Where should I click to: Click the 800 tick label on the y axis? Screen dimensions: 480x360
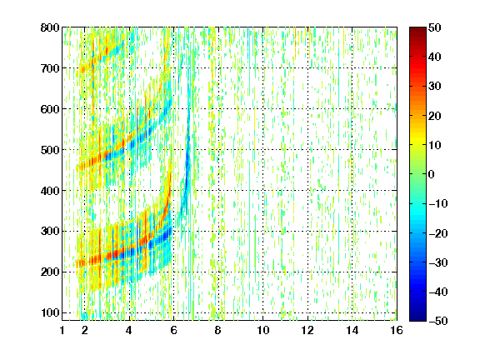(50, 27)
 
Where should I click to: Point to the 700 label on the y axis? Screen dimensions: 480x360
(50, 68)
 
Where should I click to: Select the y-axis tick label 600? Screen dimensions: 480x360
(50, 109)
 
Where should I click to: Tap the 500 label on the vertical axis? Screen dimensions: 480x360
(50, 150)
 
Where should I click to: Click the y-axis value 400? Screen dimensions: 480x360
(50, 191)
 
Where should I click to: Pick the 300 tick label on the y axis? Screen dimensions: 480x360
(50, 231)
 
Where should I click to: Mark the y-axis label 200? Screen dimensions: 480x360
(50, 272)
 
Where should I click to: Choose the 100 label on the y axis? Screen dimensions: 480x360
(50, 312)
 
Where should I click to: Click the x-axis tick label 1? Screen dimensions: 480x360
(62, 330)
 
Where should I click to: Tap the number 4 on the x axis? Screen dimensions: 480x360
(129, 330)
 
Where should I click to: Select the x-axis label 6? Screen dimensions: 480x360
(173, 330)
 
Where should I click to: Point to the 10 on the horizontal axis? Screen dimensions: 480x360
(263, 330)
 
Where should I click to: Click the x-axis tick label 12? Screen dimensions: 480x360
(307, 330)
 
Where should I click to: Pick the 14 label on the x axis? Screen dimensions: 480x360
(352, 330)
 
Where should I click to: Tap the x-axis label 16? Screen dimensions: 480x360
(397, 330)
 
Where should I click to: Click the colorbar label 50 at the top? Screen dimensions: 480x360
(434, 27)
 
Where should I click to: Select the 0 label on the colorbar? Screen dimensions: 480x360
(432, 174)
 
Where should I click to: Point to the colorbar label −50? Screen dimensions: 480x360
(438, 321)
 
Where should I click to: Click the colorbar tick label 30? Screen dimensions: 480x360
(434, 87)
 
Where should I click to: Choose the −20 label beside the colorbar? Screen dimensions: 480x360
(438, 233)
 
